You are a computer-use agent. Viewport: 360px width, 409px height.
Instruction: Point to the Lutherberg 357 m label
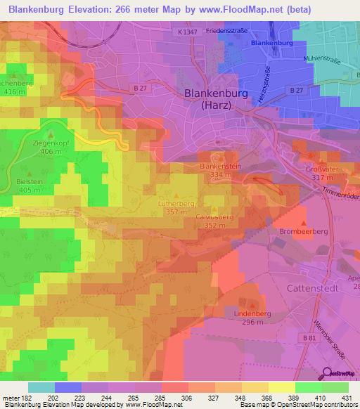pos(175,207)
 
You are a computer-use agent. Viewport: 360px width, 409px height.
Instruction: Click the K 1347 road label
pos(188,32)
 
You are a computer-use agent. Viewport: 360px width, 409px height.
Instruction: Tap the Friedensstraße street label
pos(230,32)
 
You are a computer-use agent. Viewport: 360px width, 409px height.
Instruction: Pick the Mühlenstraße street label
pos(321,60)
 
